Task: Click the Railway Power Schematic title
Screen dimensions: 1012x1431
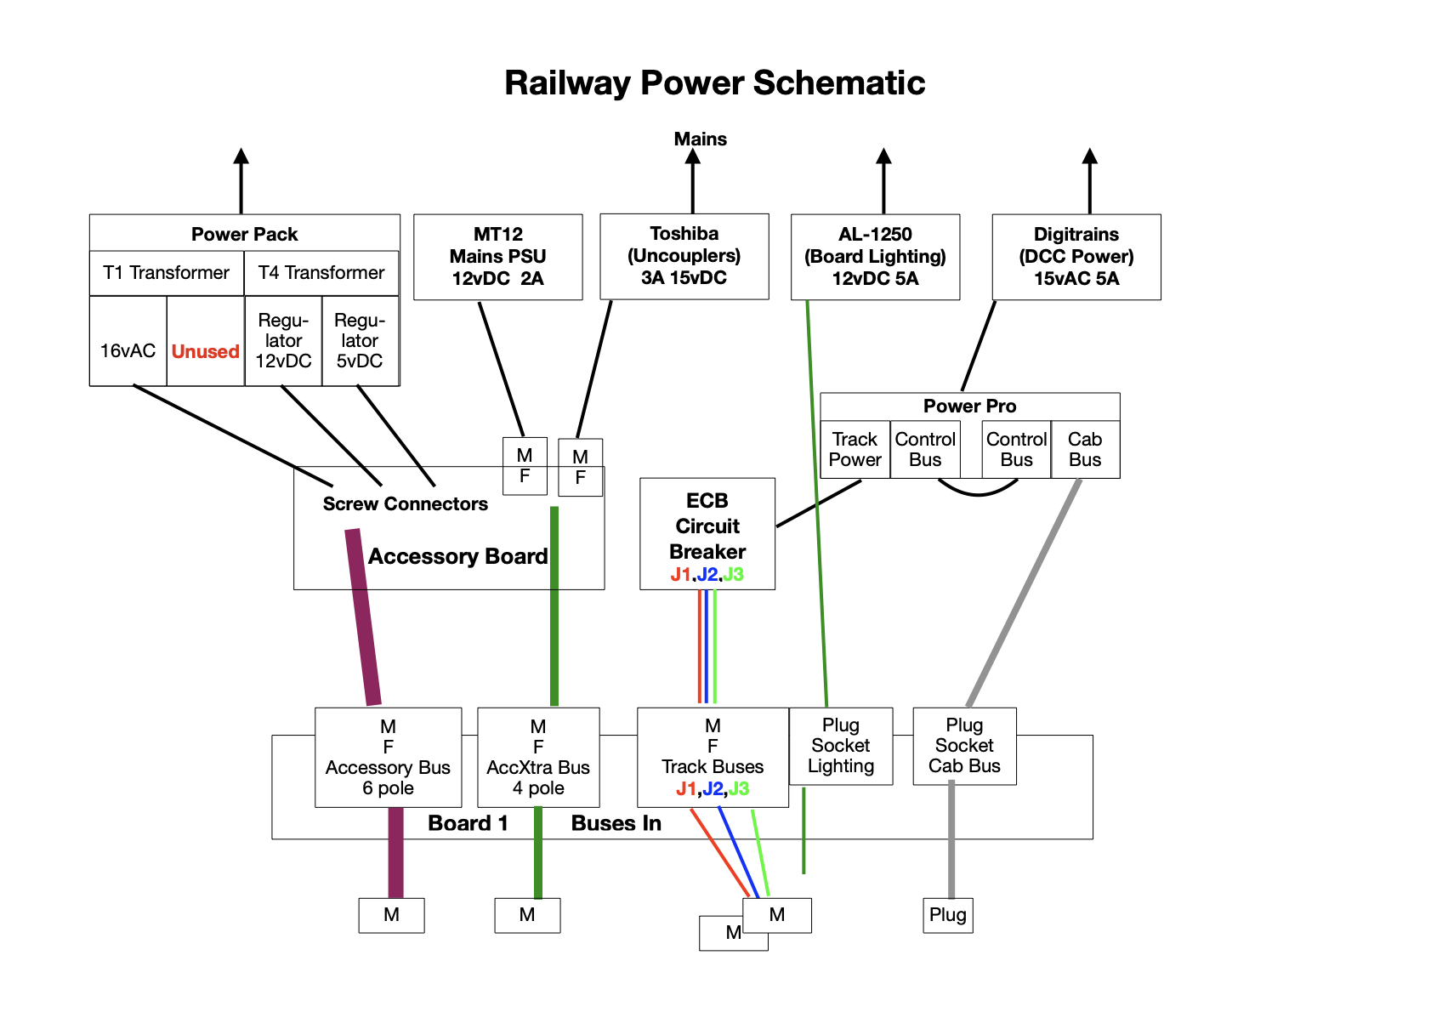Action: tap(714, 83)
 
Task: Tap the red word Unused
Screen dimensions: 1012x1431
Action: tap(205, 351)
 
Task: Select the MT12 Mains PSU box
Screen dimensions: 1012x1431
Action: tap(497, 256)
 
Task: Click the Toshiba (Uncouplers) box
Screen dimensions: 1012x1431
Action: tap(684, 256)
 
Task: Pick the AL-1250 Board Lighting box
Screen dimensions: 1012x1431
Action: tap(875, 256)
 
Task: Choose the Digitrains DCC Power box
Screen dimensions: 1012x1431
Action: tap(1076, 256)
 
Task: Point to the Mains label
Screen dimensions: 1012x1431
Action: tap(700, 139)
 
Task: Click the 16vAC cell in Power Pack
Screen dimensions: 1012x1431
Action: tap(128, 350)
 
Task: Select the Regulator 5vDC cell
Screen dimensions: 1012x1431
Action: tap(360, 341)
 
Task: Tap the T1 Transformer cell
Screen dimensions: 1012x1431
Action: tap(167, 273)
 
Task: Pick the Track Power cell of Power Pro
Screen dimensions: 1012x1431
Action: tap(855, 450)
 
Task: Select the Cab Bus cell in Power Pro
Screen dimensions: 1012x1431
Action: tap(1085, 450)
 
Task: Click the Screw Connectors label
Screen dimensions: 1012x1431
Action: tap(405, 504)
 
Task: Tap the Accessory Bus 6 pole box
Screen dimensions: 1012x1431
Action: tap(388, 757)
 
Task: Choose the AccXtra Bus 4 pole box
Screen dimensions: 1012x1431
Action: tap(538, 757)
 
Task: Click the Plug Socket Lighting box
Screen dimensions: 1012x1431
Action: tap(840, 746)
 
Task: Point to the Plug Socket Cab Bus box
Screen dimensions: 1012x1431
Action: tap(964, 746)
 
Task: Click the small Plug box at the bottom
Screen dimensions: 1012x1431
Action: tap(947, 915)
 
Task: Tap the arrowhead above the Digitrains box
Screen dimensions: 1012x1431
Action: tap(1089, 156)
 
